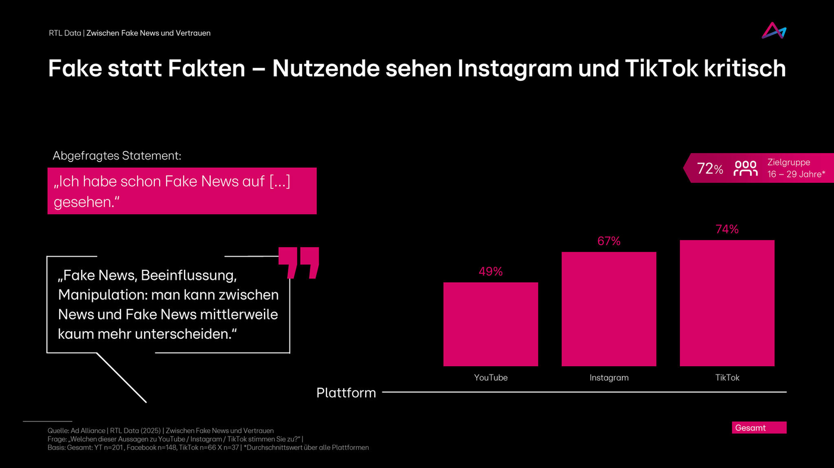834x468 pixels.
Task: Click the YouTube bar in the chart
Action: tap(490, 324)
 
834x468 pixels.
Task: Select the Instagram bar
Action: tap(608, 309)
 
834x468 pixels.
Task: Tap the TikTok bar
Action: tap(727, 303)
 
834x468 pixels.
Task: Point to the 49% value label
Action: tap(490, 272)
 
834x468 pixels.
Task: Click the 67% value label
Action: tap(609, 241)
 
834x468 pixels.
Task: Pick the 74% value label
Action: tap(727, 229)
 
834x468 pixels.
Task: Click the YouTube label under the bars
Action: tap(491, 377)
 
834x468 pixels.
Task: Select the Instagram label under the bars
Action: tap(609, 377)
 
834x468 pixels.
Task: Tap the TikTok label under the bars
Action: tap(727, 377)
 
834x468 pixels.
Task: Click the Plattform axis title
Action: tap(346, 393)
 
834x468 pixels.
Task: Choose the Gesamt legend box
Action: tap(758, 428)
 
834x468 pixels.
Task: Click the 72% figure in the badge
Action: tap(709, 169)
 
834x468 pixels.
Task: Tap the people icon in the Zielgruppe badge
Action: tap(745, 169)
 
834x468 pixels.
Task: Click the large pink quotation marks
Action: tap(299, 263)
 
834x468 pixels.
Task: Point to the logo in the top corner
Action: tap(773, 31)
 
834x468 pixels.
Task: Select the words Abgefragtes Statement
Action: tap(117, 156)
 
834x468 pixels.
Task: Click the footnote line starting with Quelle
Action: tap(161, 430)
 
